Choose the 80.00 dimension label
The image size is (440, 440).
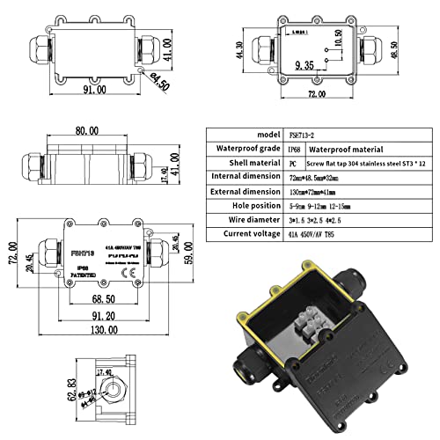click(85, 131)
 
